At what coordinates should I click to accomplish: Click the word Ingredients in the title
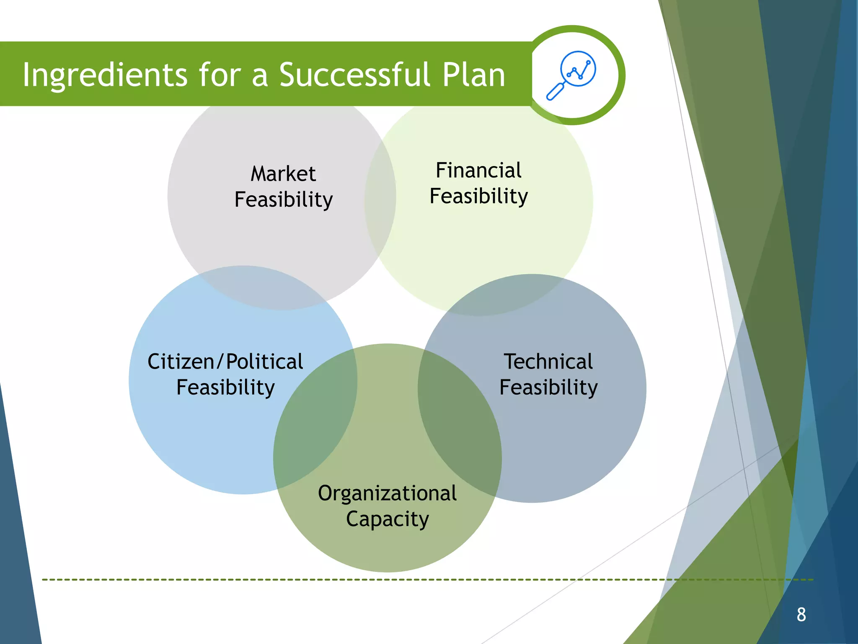click(105, 75)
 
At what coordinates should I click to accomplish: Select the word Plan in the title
click(473, 75)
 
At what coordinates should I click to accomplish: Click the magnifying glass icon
click(571, 75)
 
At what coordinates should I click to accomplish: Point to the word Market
click(283, 174)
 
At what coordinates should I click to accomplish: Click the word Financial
click(478, 170)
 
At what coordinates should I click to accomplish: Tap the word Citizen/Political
click(225, 361)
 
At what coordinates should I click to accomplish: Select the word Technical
click(548, 361)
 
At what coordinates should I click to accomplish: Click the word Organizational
click(387, 493)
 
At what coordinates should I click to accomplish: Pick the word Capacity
click(387, 519)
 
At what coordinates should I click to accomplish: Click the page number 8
click(801, 615)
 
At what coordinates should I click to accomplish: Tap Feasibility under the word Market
click(283, 200)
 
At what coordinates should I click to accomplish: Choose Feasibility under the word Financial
click(478, 196)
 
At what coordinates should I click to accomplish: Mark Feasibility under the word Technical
click(548, 387)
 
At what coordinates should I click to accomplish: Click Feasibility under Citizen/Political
click(225, 387)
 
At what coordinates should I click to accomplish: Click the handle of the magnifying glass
click(555, 92)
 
